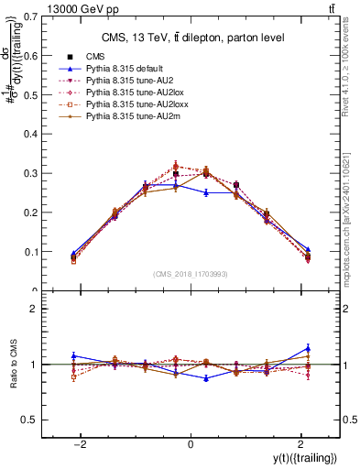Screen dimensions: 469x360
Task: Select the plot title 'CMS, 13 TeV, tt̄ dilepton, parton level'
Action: (191, 37)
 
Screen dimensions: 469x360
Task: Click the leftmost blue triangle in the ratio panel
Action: (73, 355)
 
